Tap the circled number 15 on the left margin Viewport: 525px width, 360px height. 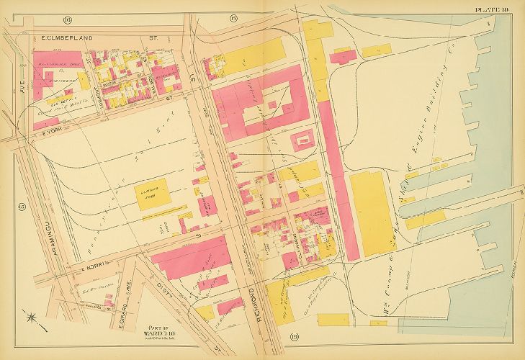[22, 208]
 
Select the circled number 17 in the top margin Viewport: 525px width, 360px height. [233, 17]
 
